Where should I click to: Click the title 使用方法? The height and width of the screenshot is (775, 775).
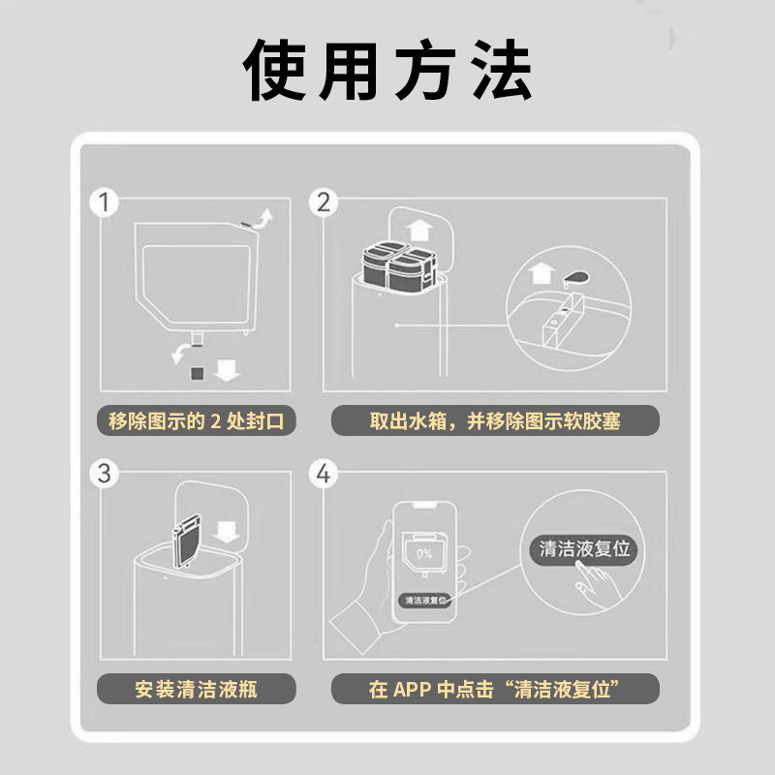tap(387, 71)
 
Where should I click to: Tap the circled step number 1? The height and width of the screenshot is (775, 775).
tap(104, 203)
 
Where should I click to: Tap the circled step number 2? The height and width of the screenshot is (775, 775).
tap(324, 201)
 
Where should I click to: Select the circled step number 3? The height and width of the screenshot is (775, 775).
tap(104, 474)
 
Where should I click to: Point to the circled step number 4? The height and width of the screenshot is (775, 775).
tap(324, 474)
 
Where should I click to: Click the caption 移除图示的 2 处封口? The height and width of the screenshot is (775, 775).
tap(198, 421)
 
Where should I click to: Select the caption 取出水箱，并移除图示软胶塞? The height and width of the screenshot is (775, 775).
tap(495, 421)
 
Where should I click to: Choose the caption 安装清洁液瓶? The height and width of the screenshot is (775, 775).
tap(198, 690)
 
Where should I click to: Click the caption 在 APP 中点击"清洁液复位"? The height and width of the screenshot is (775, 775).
tap(495, 690)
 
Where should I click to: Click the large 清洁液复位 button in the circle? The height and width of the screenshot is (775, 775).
tap(584, 548)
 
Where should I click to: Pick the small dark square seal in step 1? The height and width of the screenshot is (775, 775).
tap(197, 372)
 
